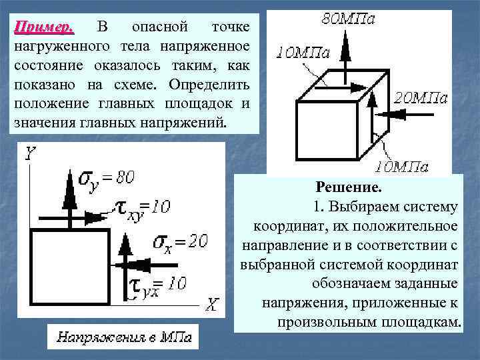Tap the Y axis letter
click(x=31, y=155)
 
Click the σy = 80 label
click(x=107, y=178)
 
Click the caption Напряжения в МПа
click(x=124, y=337)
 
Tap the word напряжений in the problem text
click(x=191, y=124)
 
